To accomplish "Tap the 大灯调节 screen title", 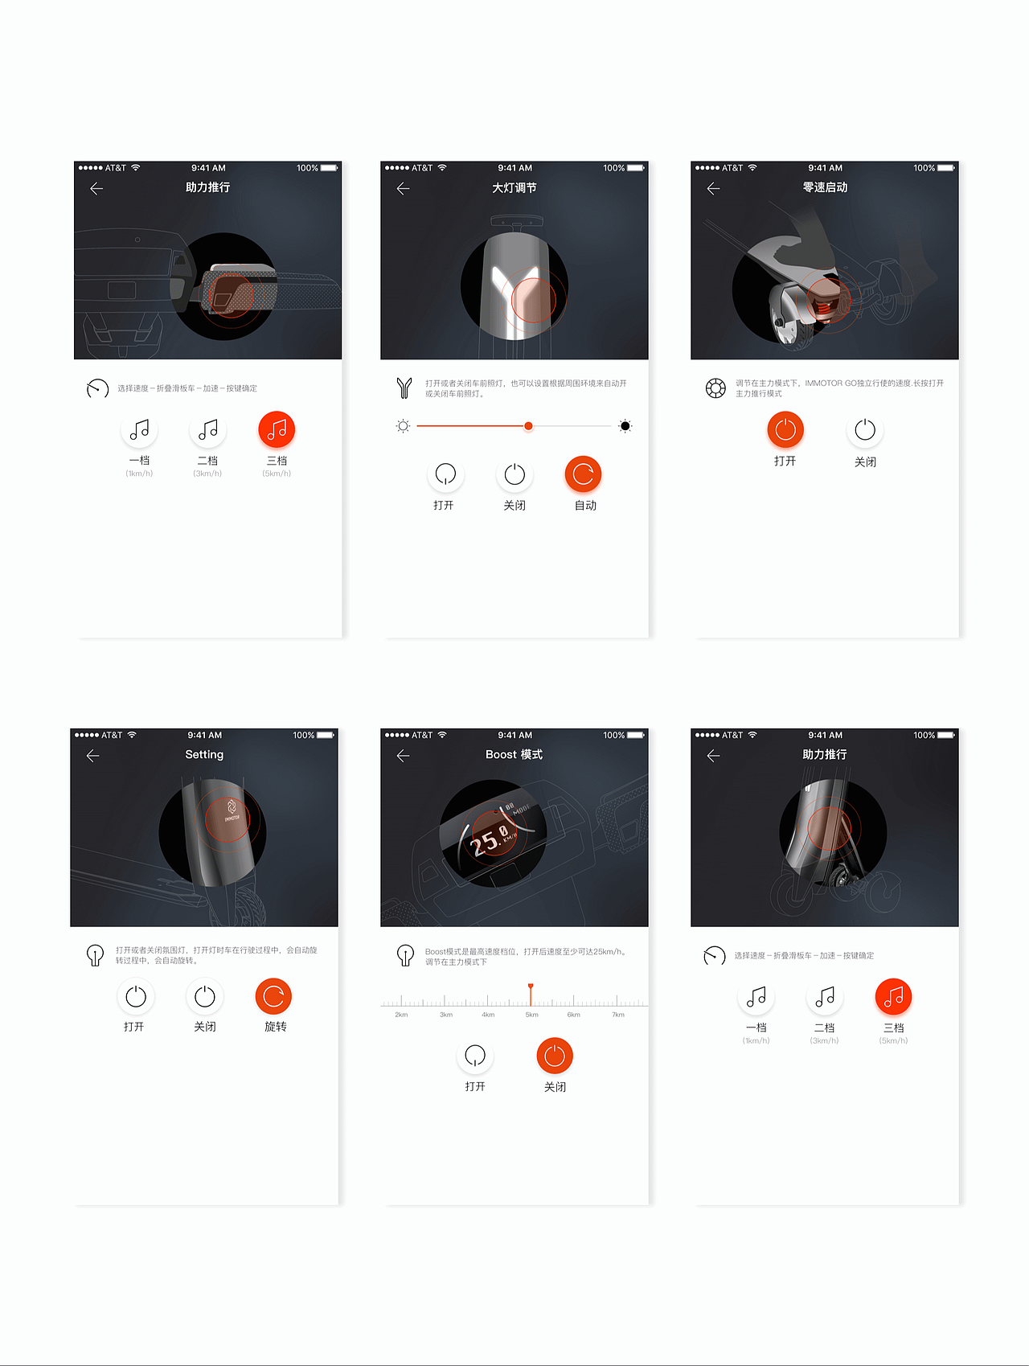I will tap(514, 188).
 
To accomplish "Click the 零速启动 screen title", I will tap(825, 187).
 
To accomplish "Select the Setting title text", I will tap(204, 755).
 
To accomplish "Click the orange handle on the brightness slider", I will tap(528, 426).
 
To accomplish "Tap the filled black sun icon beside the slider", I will tap(625, 426).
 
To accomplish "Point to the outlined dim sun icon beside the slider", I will tap(404, 426).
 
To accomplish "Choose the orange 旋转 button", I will tap(273, 997).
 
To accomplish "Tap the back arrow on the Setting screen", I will tap(93, 756).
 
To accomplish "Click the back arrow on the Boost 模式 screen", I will tap(404, 756).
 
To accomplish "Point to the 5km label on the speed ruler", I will tap(531, 1015).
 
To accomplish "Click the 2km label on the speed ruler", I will tap(401, 1015).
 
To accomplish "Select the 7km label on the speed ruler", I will tap(618, 1015).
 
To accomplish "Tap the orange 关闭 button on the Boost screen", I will tap(555, 1056).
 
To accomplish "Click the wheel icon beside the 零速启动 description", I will tap(715, 389).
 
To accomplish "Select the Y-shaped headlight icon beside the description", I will tap(404, 388).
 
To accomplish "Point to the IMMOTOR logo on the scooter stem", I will tap(232, 810).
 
